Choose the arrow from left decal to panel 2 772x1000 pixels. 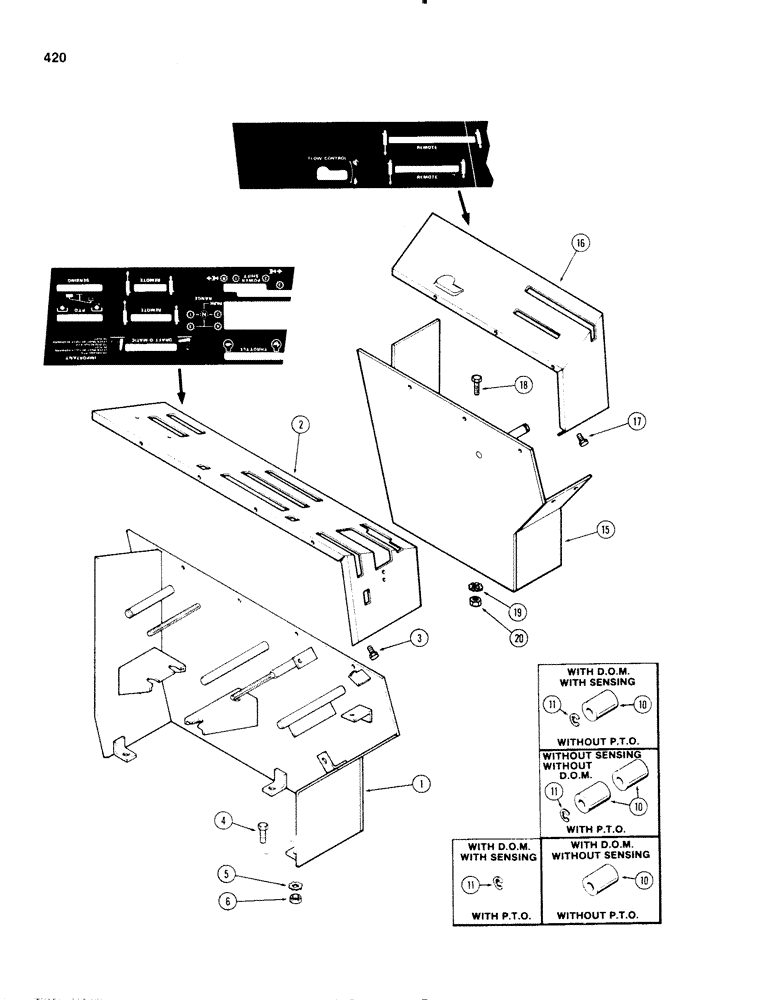tap(178, 386)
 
